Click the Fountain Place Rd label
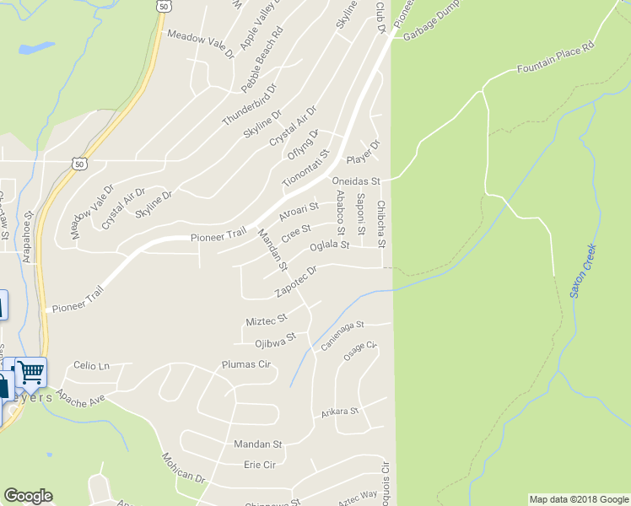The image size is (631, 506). [557, 57]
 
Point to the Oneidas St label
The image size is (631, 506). [356, 181]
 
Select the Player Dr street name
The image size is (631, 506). [364, 155]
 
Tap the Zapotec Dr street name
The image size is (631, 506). [295, 283]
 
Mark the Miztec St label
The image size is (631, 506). [267, 320]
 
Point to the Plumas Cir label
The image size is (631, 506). [245, 364]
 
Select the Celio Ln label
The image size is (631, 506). [92, 365]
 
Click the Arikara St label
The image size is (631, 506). [340, 412]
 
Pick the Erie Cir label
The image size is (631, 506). [260, 465]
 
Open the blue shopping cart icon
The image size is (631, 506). [30, 371]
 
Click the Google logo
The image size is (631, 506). [28, 496]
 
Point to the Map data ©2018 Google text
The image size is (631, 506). [578, 499]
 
